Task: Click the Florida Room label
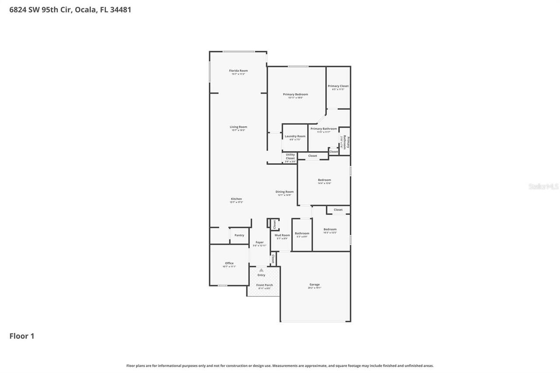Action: [238, 71]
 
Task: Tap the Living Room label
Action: [238, 127]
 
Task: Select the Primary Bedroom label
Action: [295, 94]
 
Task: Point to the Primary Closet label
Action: [338, 86]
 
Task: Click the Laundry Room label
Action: [295, 136]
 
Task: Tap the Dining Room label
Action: [284, 192]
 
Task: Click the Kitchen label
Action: [236, 199]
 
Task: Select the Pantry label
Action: [239, 235]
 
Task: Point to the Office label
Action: [229, 263]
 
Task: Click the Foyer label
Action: [259, 242]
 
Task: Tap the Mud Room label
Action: [282, 235]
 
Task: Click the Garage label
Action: [315, 285]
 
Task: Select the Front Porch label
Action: [264, 285]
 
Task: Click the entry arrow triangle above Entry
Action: [261, 270]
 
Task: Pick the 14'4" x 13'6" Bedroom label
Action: [324, 180]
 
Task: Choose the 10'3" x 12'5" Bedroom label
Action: [330, 230]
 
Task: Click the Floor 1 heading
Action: [22, 336]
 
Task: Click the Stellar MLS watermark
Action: [543, 187]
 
